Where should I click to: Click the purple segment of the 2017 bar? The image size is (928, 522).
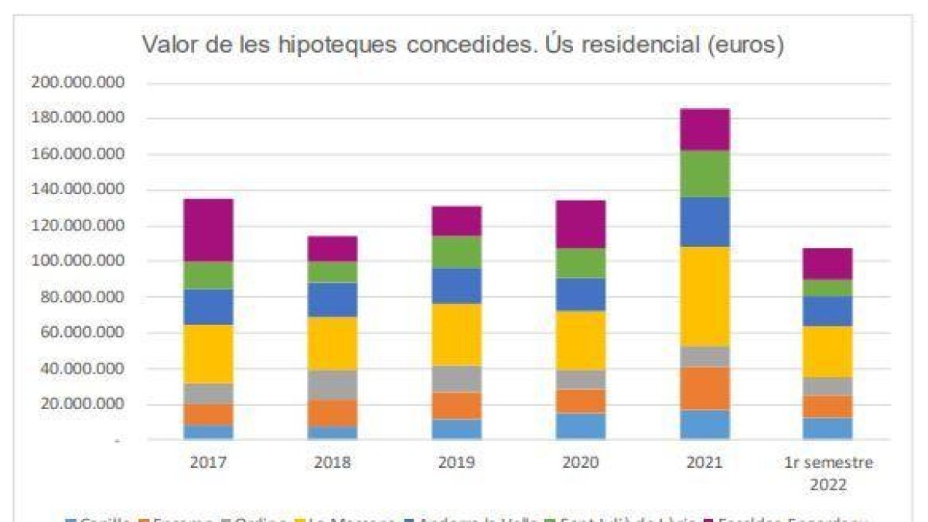(x=208, y=230)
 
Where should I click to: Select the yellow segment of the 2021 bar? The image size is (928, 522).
(x=705, y=296)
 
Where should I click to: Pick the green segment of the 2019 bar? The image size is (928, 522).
(x=456, y=252)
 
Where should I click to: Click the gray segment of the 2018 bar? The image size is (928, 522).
(x=333, y=384)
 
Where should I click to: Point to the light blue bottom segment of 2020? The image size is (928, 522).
(x=581, y=426)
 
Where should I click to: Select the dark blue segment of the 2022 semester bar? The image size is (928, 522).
(x=828, y=311)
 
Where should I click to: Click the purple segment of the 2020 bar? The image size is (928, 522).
(x=581, y=224)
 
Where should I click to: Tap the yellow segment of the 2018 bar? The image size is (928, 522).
(x=333, y=343)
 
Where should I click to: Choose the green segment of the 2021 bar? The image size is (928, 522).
(x=705, y=174)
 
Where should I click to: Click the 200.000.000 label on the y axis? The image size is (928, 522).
(x=77, y=83)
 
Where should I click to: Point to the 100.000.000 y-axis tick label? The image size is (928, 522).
(x=77, y=261)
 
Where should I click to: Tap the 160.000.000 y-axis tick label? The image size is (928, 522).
(x=77, y=155)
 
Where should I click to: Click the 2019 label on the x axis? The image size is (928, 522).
(x=456, y=463)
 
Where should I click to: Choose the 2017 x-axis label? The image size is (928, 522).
(x=208, y=463)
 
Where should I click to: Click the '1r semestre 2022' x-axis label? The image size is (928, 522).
(x=828, y=474)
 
